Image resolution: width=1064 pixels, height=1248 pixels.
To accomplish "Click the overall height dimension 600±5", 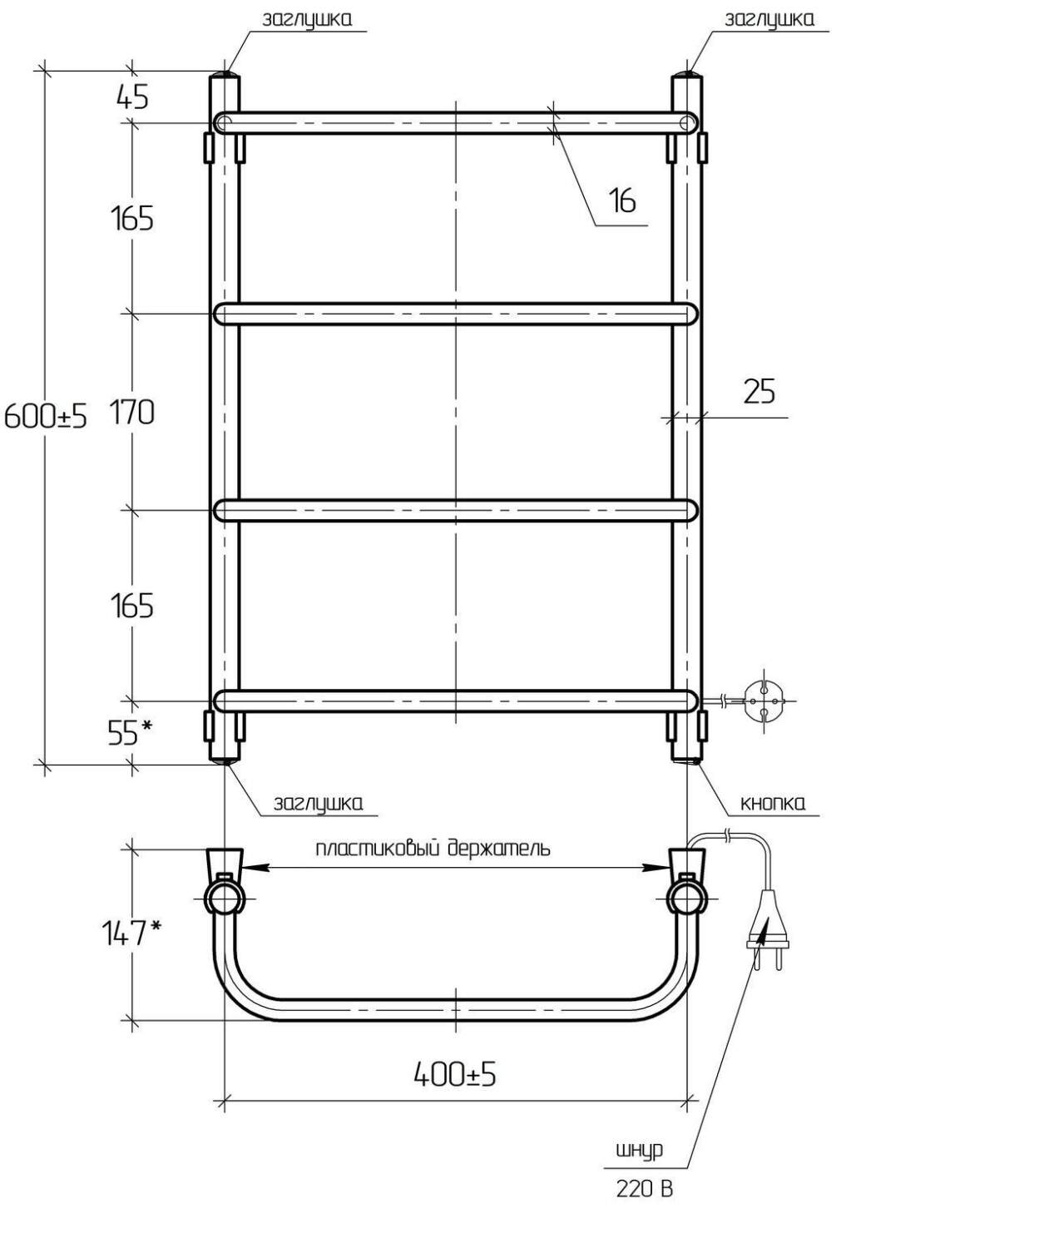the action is tap(46, 416).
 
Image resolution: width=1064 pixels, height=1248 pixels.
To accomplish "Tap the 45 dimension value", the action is tap(132, 97).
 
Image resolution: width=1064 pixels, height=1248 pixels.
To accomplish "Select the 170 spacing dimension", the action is tap(131, 413).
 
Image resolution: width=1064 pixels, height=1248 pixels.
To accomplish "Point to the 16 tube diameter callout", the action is tap(622, 201).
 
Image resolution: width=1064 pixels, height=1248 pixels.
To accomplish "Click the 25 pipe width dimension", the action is tap(760, 391).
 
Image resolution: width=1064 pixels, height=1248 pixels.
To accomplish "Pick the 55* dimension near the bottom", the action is tap(130, 733).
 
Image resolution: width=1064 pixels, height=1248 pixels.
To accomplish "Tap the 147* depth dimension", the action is tap(131, 932).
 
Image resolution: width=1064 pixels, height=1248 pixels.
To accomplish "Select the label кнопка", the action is tap(773, 803).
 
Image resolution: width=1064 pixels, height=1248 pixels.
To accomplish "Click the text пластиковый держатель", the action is tap(433, 849).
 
